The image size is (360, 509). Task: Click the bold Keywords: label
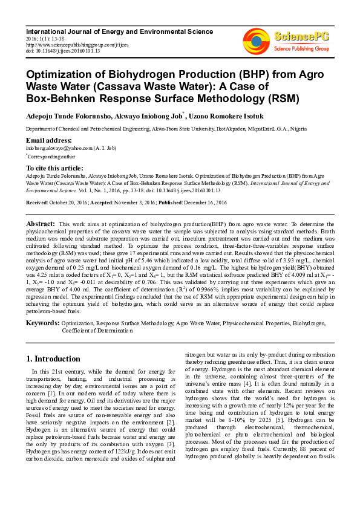[42, 324]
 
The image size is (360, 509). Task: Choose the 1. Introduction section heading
[54, 359]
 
